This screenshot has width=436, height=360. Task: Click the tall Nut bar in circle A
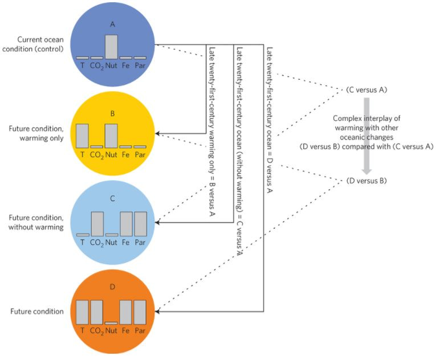pos(111,47)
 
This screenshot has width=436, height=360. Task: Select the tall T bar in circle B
pos(82,136)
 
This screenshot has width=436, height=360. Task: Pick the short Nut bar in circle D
pos(111,323)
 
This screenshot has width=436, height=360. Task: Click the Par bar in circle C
pos(140,223)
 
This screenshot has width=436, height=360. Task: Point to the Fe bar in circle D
pos(125,312)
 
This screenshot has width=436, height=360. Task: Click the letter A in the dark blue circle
pos(112,25)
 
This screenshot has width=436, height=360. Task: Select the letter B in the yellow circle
pos(112,113)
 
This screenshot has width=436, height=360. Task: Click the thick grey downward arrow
pos(368,134)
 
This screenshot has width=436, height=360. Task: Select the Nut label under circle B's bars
pos(111,154)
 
